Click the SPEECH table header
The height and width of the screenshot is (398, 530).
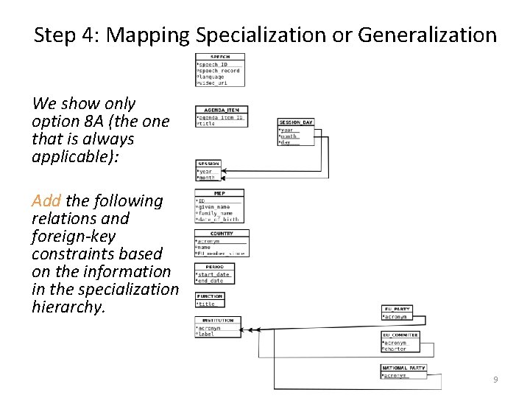point(220,57)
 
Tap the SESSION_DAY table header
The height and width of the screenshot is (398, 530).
point(297,122)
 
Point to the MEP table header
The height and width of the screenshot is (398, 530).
point(219,193)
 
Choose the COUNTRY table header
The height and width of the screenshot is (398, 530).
point(222,234)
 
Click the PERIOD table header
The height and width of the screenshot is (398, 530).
point(214,266)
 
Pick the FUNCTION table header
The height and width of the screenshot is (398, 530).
point(210,296)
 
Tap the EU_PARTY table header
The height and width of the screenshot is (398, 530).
point(397,309)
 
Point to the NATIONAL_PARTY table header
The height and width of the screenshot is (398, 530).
point(404,368)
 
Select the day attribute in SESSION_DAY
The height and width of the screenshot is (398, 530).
point(287,142)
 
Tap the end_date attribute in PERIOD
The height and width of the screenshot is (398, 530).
point(211,281)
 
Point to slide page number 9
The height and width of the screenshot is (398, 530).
point(495,380)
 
